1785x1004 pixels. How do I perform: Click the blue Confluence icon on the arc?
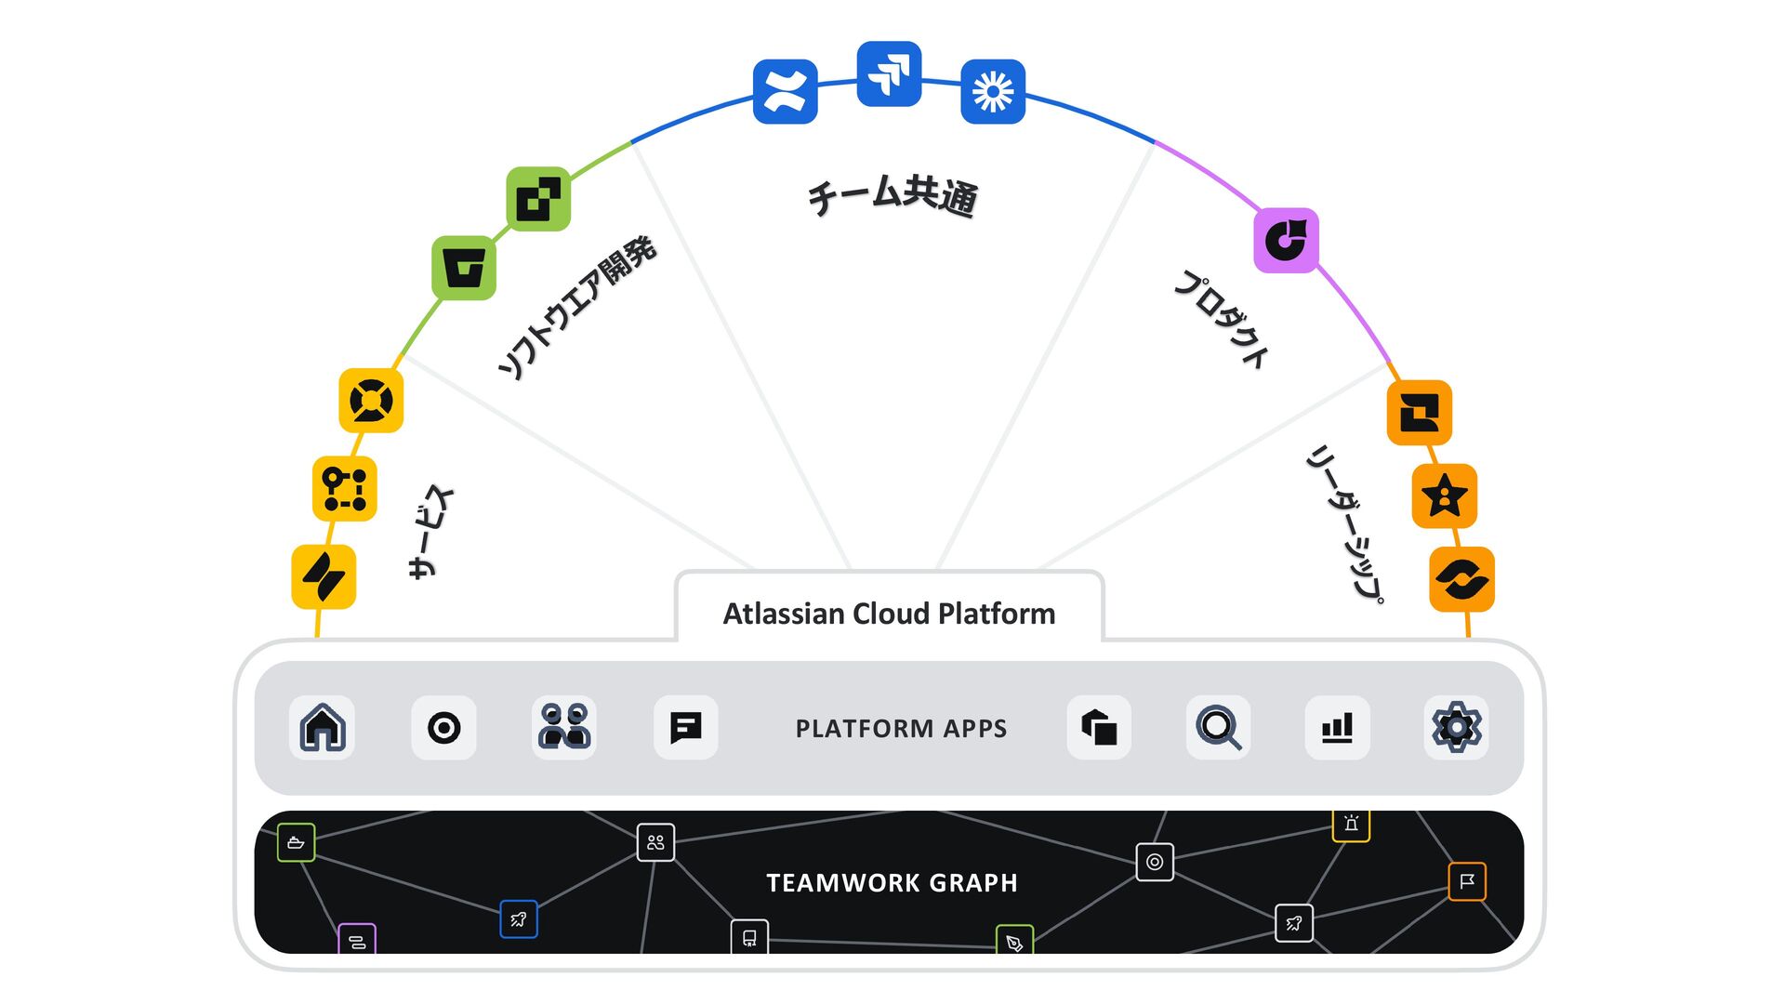[x=785, y=91]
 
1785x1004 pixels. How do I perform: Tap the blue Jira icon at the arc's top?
[x=889, y=73]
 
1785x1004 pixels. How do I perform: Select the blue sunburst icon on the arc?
[x=992, y=91]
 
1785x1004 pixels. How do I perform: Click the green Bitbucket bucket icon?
[x=463, y=268]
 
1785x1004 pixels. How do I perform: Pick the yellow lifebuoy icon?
[x=371, y=401]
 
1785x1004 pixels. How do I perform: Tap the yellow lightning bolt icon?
[x=324, y=576]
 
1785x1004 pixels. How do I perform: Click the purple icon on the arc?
[x=1286, y=240]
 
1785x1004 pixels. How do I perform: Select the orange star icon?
[x=1444, y=495]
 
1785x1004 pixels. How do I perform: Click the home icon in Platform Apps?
[x=323, y=727]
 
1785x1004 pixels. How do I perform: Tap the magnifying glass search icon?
[x=1218, y=727]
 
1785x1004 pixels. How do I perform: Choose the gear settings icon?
[x=1456, y=727]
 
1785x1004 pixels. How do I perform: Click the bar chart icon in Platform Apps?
[x=1337, y=727]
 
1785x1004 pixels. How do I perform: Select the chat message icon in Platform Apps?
[x=685, y=727]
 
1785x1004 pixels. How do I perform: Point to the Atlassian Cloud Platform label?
[x=889, y=614]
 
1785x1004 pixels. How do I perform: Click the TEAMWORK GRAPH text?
[x=892, y=882]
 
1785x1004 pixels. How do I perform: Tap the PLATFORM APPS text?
[x=901, y=728]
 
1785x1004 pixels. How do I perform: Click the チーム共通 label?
[x=892, y=195]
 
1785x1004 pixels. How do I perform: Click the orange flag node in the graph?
[x=1466, y=881]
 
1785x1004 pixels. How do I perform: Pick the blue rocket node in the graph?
[x=518, y=919]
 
